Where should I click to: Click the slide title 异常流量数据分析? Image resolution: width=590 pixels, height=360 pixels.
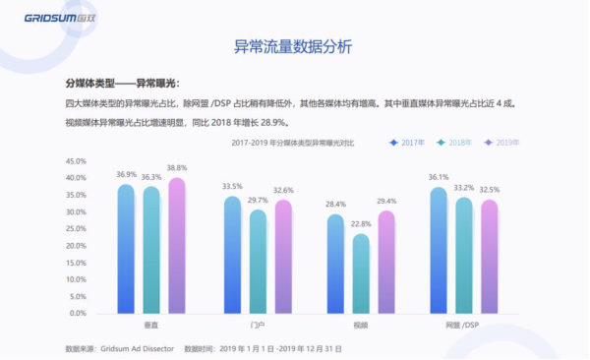click(x=292, y=46)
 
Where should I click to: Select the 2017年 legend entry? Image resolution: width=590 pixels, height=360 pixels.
click(x=407, y=143)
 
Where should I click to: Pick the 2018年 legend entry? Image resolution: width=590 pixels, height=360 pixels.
click(x=455, y=143)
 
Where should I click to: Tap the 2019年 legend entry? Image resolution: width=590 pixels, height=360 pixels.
click(x=502, y=143)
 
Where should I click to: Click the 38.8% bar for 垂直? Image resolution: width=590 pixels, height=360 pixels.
click(x=177, y=246)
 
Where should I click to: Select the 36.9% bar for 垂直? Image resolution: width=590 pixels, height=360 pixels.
click(x=126, y=249)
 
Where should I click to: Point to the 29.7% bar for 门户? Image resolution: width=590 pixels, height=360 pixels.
click(x=258, y=262)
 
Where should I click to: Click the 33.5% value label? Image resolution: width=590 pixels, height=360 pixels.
click(x=232, y=186)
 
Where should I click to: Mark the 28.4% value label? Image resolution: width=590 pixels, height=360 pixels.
click(x=335, y=204)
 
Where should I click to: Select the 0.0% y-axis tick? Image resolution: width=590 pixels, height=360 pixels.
click(x=77, y=313)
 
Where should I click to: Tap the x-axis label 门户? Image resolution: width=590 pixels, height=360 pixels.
click(x=258, y=325)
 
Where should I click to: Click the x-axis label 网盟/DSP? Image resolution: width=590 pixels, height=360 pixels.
click(x=463, y=325)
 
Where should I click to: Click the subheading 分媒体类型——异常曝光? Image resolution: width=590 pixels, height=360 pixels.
click(x=122, y=83)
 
